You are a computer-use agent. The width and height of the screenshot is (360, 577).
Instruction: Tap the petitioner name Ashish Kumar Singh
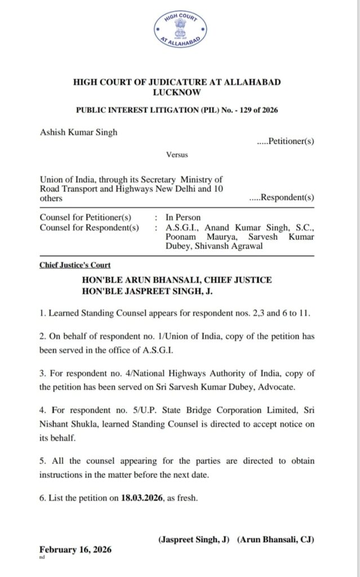pyautogui.click(x=79, y=132)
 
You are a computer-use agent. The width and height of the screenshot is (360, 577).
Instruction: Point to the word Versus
pyautogui.click(x=177, y=154)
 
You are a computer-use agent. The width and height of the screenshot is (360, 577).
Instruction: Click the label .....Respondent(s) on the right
pyautogui.click(x=282, y=198)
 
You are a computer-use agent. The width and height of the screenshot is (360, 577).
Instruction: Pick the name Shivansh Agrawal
pyautogui.click(x=228, y=246)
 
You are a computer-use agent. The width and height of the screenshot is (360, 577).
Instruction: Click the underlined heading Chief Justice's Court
pyautogui.click(x=75, y=265)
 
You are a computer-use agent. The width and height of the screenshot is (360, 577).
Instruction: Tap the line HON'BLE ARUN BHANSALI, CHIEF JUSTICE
pyautogui.click(x=177, y=280)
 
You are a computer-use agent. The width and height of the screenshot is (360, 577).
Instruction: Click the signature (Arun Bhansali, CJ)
pyautogui.click(x=275, y=539)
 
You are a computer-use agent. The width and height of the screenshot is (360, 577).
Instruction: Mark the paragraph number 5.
pyautogui.click(x=42, y=460)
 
